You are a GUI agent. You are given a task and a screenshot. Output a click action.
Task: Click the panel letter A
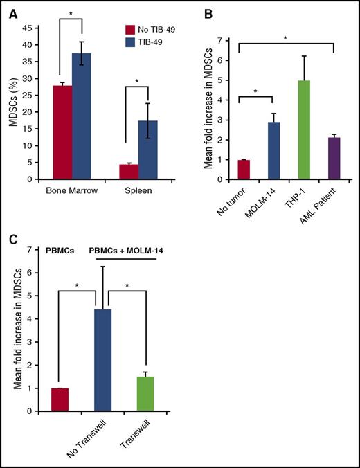coord(9,8)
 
